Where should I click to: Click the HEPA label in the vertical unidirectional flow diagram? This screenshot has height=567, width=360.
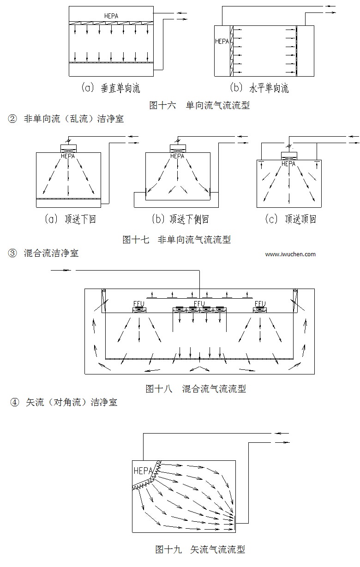click(x=111, y=16)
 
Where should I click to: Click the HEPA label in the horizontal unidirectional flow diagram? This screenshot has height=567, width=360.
click(x=222, y=41)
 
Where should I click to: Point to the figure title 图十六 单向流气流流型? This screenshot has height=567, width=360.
click(x=199, y=105)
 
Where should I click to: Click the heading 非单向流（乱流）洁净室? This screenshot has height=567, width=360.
click(x=73, y=119)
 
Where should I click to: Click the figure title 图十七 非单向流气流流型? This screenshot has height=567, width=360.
click(x=176, y=239)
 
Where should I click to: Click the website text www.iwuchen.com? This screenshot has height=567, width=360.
click(x=291, y=254)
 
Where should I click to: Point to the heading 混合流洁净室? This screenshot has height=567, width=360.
click(x=51, y=253)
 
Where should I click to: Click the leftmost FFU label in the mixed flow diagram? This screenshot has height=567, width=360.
click(x=139, y=303)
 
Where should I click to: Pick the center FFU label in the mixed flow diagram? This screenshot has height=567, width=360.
click(x=199, y=303)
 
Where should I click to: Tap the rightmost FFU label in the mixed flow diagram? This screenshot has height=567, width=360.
click(x=260, y=303)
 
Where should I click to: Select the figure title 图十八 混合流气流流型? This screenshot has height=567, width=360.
click(x=196, y=388)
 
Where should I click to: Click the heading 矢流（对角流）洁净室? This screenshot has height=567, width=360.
click(x=72, y=402)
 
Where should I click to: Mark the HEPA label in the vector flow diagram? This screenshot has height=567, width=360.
click(x=144, y=471)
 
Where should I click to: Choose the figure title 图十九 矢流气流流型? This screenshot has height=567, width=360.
click(x=200, y=549)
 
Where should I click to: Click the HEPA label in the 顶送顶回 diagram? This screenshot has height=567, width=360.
click(x=288, y=163)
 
